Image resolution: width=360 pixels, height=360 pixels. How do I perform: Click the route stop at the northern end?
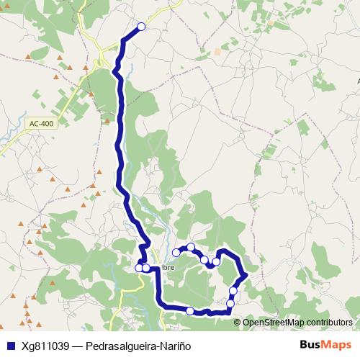(141, 27)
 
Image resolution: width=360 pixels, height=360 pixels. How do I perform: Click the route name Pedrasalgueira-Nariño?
(138, 346)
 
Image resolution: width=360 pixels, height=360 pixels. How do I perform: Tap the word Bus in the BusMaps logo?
(311, 345)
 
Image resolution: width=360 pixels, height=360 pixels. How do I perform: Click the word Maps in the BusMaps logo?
(336, 345)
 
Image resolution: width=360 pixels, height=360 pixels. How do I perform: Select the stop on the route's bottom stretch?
(190, 311)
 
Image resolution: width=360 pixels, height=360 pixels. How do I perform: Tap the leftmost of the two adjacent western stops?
(139, 268)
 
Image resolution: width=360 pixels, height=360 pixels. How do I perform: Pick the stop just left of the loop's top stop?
(176, 252)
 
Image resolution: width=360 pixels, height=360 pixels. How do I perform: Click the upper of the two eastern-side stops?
(233, 291)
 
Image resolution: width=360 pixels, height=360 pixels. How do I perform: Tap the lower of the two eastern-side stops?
(230, 303)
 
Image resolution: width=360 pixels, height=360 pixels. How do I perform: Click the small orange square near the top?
(217, 52)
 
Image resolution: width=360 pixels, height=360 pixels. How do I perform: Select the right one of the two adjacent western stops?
(146, 268)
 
